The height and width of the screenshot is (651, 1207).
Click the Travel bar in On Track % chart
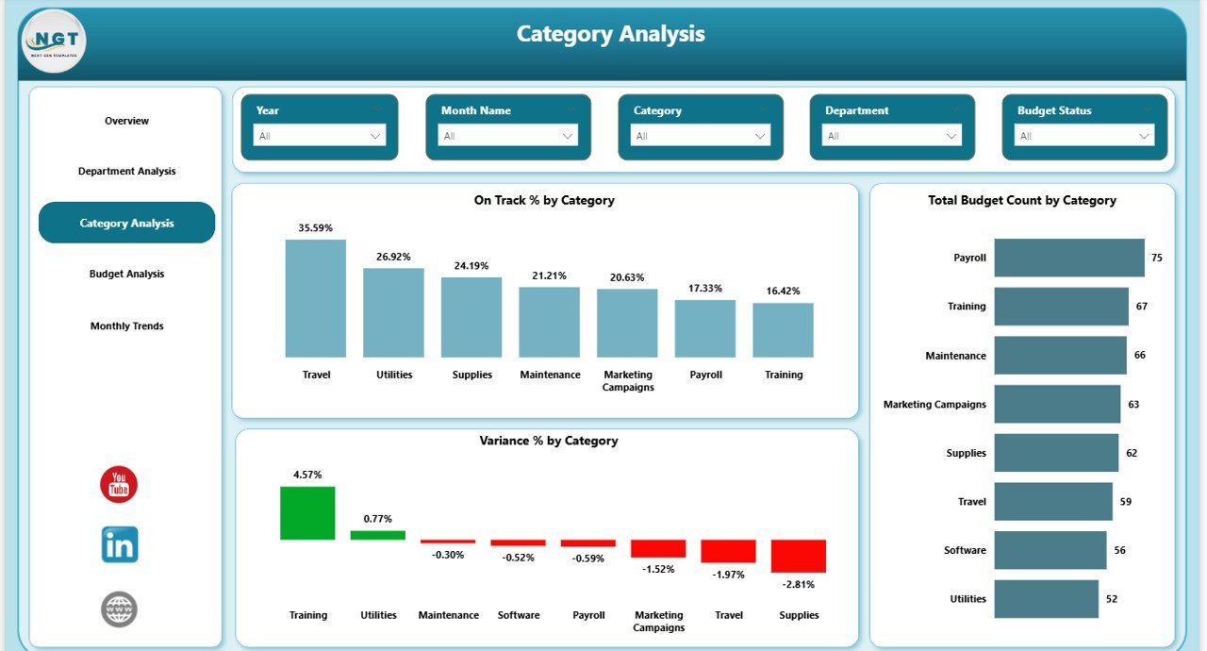[x=316, y=298]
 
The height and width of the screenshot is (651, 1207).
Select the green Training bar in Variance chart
[x=307, y=513]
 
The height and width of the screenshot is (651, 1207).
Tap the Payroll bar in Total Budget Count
[x=1069, y=258]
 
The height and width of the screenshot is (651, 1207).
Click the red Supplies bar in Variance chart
[x=798, y=556]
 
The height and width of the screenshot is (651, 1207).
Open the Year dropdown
[x=320, y=136]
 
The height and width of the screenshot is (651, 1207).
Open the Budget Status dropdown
[x=1084, y=136]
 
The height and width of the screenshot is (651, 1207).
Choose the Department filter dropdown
[x=892, y=136]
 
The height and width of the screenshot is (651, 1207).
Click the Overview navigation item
[x=126, y=121]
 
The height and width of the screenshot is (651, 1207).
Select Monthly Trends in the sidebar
[x=126, y=325]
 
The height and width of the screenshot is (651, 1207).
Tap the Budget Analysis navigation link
[x=126, y=274]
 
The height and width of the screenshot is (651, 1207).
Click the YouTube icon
[x=119, y=484]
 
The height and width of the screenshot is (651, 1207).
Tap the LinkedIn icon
[x=120, y=545]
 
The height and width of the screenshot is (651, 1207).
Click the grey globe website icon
[x=120, y=609]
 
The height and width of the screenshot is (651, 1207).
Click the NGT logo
[x=54, y=41]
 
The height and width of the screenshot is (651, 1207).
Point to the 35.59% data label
[x=315, y=227]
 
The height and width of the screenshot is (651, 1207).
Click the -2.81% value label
[x=798, y=584]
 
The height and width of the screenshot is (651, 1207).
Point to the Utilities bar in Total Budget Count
[x=1046, y=599]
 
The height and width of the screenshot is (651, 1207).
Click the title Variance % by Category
[x=548, y=441]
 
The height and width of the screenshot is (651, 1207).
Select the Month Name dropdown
[x=508, y=136]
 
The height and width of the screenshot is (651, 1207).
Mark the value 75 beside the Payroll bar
[x=1156, y=258]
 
